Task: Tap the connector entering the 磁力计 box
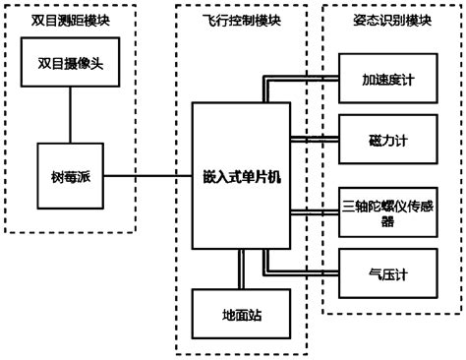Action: click(x=315, y=138)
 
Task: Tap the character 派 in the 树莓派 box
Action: click(x=84, y=177)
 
